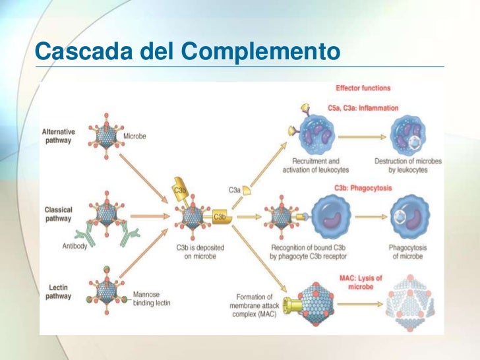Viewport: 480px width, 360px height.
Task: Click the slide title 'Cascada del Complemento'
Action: click(x=186, y=50)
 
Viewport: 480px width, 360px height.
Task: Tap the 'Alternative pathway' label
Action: click(x=59, y=136)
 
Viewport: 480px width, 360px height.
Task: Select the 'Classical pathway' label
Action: click(x=58, y=214)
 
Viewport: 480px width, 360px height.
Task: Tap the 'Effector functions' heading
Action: click(x=363, y=88)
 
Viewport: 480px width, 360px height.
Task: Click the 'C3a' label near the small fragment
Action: click(x=234, y=190)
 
